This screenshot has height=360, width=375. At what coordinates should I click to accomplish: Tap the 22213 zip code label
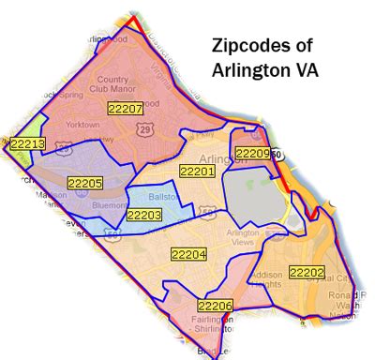(27, 143)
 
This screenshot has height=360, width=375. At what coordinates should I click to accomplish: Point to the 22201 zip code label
(197, 172)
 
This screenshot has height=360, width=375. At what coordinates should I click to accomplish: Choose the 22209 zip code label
(252, 153)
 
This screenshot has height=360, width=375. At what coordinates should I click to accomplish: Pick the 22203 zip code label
(144, 215)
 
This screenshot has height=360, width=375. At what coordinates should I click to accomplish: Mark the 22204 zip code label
(188, 253)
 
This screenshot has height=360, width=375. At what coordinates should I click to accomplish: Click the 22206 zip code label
(215, 306)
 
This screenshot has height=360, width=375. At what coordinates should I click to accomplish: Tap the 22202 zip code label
(306, 273)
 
